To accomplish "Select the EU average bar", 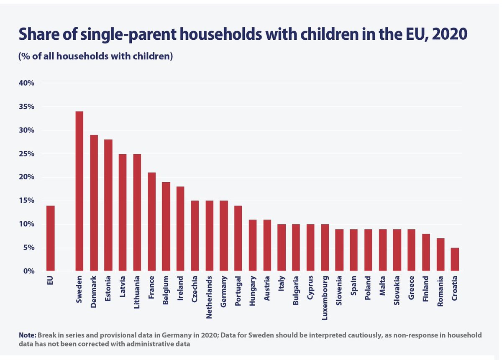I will (x=50, y=238).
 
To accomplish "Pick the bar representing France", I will (x=151, y=222).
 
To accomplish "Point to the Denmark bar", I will (x=93, y=203).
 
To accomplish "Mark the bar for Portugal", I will (x=238, y=238).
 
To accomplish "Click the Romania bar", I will (x=440, y=255).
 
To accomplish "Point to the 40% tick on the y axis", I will (x=26, y=83).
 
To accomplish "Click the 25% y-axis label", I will (x=26, y=154).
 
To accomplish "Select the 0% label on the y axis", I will (x=28, y=271).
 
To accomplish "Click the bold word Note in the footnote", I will (x=27, y=335).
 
